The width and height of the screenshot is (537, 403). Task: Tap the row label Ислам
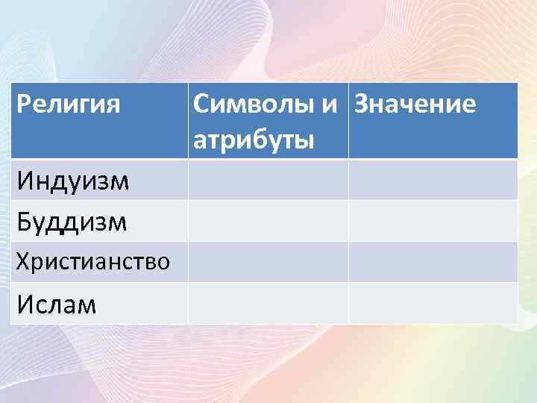tap(57, 303)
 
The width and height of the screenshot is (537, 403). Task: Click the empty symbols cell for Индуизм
tap(268, 180)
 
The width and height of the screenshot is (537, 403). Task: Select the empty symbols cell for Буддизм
tap(268, 221)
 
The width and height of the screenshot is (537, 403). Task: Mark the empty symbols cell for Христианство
tap(268, 261)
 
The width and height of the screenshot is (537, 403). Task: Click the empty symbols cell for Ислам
tap(268, 303)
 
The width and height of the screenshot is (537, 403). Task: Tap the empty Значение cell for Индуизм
tap(433, 180)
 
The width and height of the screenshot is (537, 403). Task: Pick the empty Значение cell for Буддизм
tap(433, 221)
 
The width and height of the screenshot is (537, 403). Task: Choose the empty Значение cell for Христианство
tap(433, 261)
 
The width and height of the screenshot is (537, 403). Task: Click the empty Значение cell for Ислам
tap(433, 303)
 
